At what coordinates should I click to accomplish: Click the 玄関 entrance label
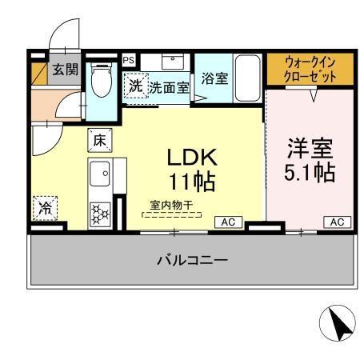pyautogui.click(x=66, y=70)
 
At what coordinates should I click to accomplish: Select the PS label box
pyautogui.click(x=128, y=59)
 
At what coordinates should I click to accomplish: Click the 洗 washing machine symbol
pyautogui.click(x=135, y=86)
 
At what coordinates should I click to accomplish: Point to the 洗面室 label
pyautogui.click(x=169, y=87)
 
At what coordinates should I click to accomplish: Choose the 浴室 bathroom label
pyautogui.click(x=214, y=79)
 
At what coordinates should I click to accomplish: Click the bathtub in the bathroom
pyautogui.click(x=248, y=78)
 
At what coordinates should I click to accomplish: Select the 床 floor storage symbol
pyautogui.click(x=100, y=139)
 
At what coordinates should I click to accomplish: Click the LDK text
pyautogui.click(x=190, y=156)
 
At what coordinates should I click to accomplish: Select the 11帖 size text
pyautogui.click(x=190, y=182)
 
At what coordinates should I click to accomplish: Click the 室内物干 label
pyautogui.click(x=171, y=205)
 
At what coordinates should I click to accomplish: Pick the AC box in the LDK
pyautogui.click(x=227, y=222)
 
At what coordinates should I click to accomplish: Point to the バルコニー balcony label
pyautogui.click(x=192, y=260)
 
